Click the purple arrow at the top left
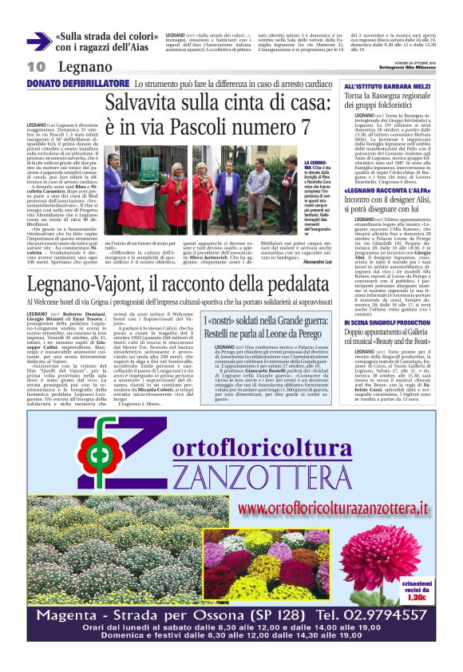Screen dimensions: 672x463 [38, 42]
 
